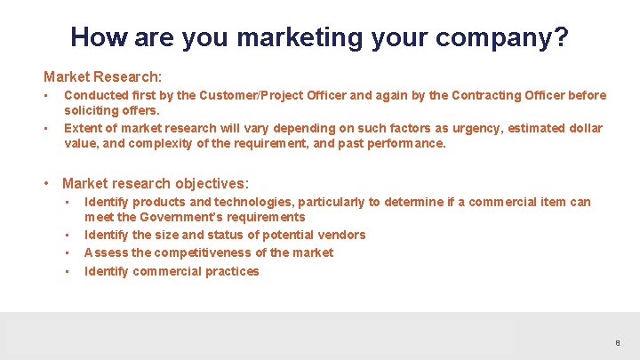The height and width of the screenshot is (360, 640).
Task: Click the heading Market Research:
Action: tap(102, 77)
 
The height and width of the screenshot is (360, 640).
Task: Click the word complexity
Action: tap(160, 143)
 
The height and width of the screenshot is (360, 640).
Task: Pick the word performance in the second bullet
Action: tap(404, 143)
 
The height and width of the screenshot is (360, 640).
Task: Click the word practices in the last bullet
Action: tap(232, 271)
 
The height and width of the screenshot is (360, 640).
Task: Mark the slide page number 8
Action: tap(617, 343)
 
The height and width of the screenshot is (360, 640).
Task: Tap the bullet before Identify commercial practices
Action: tap(68, 271)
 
